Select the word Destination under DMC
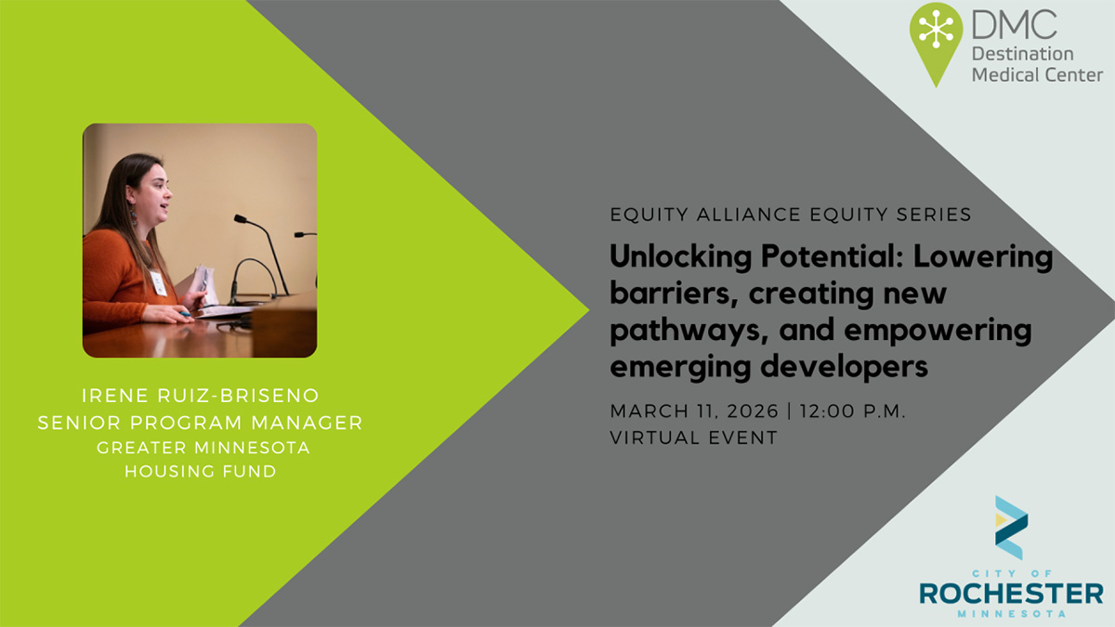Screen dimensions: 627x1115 click(x=1023, y=53)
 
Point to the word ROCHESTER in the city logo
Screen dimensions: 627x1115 click(x=1011, y=593)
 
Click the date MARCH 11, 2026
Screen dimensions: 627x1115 click(x=693, y=411)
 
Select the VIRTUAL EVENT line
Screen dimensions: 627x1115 click(x=693, y=438)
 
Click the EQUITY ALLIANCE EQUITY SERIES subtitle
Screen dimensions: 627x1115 click(x=791, y=215)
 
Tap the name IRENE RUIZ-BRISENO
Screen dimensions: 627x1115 click(x=201, y=397)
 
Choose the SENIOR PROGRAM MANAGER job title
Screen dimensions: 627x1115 click(x=201, y=423)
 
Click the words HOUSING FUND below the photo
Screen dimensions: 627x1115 click(x=201, y=472)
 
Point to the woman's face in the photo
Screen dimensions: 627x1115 click(x=156, y=192)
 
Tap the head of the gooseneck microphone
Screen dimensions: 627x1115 click(x=241, y=220)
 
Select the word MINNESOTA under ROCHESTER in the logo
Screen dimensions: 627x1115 click(x=1011, y=614)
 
